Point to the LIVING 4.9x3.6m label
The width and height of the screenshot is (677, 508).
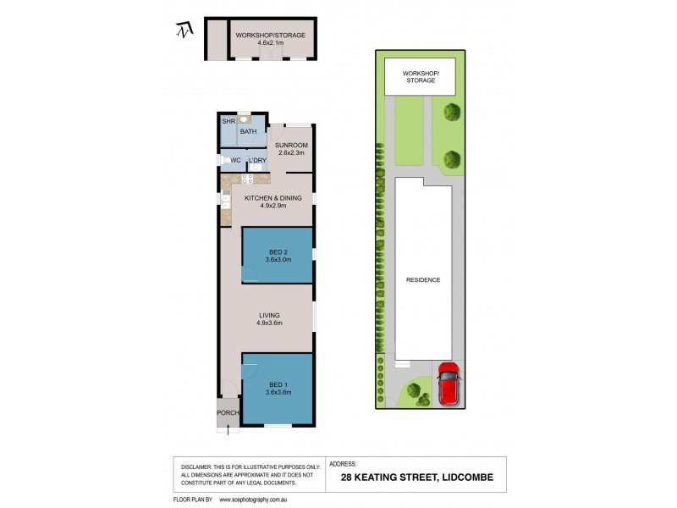click(x=270, y=319)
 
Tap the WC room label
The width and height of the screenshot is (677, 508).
click(x=236, y=160)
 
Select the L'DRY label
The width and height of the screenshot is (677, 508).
click(x=256, y=160)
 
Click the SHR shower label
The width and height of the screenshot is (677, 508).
click(x=228, y=122)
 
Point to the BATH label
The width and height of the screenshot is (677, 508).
click(x=248, y=132)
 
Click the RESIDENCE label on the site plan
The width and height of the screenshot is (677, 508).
click(x=423, y=279)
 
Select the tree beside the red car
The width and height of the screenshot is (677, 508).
click(x=414, y=390)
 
